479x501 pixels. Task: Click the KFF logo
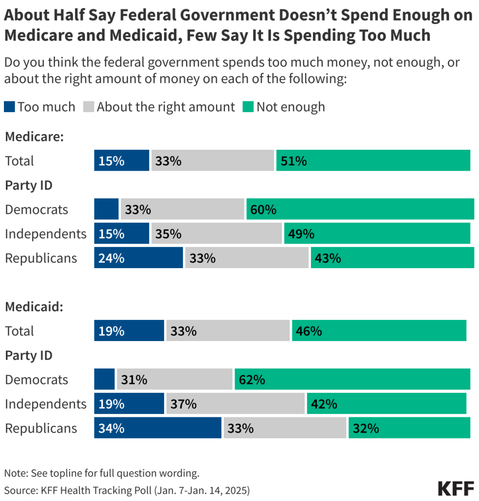455,488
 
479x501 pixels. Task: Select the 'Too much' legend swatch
10,107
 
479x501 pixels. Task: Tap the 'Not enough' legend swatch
248,107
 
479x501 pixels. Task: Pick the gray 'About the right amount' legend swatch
89,107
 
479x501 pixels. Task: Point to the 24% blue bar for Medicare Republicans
139,258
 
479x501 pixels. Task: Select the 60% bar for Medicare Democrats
360,209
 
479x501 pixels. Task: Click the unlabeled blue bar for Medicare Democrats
106,209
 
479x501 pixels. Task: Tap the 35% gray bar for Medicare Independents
216,233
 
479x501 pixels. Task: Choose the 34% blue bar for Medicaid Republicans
158,428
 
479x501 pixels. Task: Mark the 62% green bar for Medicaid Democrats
352,379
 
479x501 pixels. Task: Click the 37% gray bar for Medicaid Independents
235,404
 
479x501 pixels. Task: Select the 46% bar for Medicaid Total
379,331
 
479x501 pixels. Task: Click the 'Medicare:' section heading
34,137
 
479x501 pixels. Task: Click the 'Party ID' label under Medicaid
28,355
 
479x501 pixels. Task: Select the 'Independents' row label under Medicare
46,233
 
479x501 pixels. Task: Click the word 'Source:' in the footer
18,489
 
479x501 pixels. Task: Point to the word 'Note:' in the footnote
15,473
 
